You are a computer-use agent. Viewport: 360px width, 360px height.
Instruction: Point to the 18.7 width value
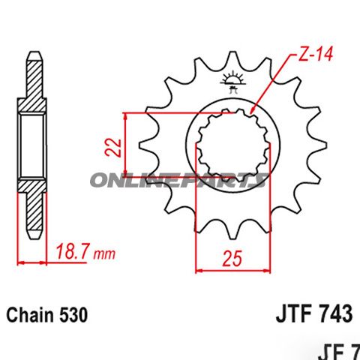pos(73,254)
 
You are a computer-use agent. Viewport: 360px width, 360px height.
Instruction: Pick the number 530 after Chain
pos(73,315)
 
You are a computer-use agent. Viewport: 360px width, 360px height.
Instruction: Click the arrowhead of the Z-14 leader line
pos(256,112)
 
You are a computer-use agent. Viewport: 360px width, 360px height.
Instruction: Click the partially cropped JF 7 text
pos(340,349)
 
